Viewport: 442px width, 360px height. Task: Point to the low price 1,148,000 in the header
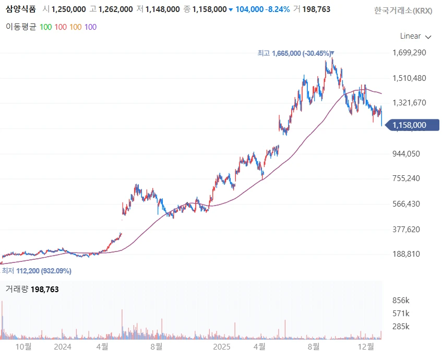tap(162, 9)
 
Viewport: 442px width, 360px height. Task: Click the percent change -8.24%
tap(277, 9)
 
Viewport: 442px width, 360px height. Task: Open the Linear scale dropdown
tap(415, 36)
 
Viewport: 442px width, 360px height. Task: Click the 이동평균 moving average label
tap(21, 27)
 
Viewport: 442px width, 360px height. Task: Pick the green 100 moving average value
tap(45, 27)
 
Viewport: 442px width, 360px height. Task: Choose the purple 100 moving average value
tap(90, 27)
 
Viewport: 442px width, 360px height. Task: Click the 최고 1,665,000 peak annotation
tap(294, 53)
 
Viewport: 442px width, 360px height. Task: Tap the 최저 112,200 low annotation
tap(37, 271)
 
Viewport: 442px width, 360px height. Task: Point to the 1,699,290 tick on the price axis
tap(409, 53)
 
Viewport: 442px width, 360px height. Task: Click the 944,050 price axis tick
tap(406, 153)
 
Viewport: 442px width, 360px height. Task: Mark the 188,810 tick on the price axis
tap(406, 254)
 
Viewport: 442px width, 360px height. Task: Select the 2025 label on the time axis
tap(222, 346)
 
